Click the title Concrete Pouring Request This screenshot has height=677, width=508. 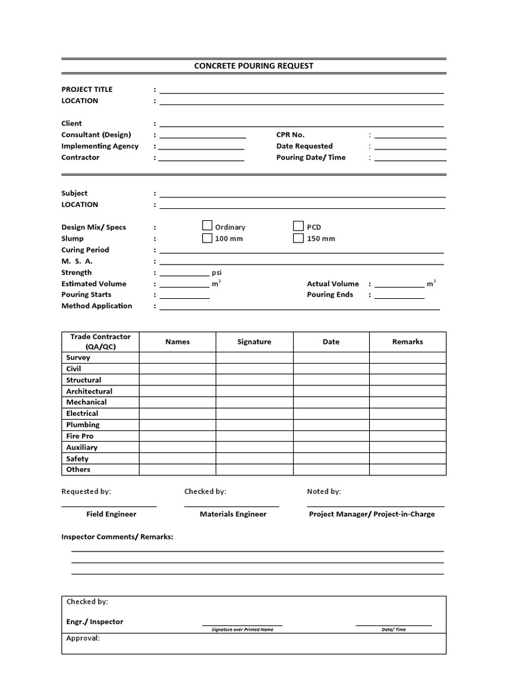click(x=253, y=65)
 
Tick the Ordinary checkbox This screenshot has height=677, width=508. click(x=207, y=226)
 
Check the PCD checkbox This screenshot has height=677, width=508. click(x=298, y=226)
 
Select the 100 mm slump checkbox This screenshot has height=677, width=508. click(x=207, y=238)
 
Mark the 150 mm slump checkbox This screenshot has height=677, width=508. click(x=298, y=238)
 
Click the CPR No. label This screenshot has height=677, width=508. click(x=290, y=135)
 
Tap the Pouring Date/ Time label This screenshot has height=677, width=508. click(x=311, y=157)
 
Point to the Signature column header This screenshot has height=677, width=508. click(x=254, y=342)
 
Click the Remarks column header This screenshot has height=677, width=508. click(x=407, y=342)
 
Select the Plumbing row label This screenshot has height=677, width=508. click(x=83, y=424)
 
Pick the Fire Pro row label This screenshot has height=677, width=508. click(x=79, y=436)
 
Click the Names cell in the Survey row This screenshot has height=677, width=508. click(x=177, y=358)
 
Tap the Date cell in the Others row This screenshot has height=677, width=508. click(x=331, y=470)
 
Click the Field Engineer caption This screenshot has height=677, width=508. click(x=111, y=514)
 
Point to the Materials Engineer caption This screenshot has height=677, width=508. click(x=233, y=514)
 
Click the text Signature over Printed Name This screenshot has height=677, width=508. click(x=242, y=629)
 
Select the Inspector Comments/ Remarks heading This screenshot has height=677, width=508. click(x=117, y=537)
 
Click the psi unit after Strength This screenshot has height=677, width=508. click(x=216, y=272)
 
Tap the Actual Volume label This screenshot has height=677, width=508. click(x=333, y=284)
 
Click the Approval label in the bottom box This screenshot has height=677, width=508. click(x=83, y=639)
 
